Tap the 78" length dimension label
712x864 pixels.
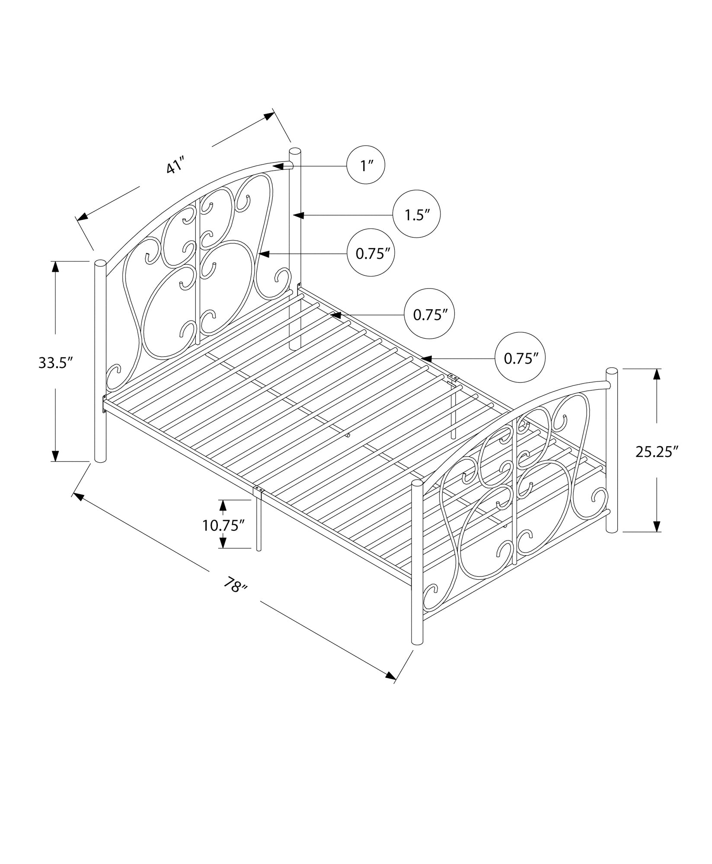tap(236, 586)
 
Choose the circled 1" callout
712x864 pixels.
tap(366, 165)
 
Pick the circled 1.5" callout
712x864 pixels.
tap(416, 214)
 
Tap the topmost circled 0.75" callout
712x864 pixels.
tap(372, 254)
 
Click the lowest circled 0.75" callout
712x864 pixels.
tap(520, 358)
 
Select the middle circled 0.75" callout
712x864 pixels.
tap(429, 314)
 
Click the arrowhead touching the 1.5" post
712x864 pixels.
tap(298, 214)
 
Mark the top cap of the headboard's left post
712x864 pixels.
tap(100, 264)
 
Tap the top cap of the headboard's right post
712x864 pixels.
tap(295, 151)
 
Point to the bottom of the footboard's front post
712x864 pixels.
tap(417, 653)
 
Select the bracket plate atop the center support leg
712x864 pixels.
tap(260, 489)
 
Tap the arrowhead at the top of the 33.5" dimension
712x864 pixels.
tap(55, 267)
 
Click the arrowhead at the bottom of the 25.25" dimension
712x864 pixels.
tap(656, 526)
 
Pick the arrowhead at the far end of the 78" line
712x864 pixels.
tap(391, 687)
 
